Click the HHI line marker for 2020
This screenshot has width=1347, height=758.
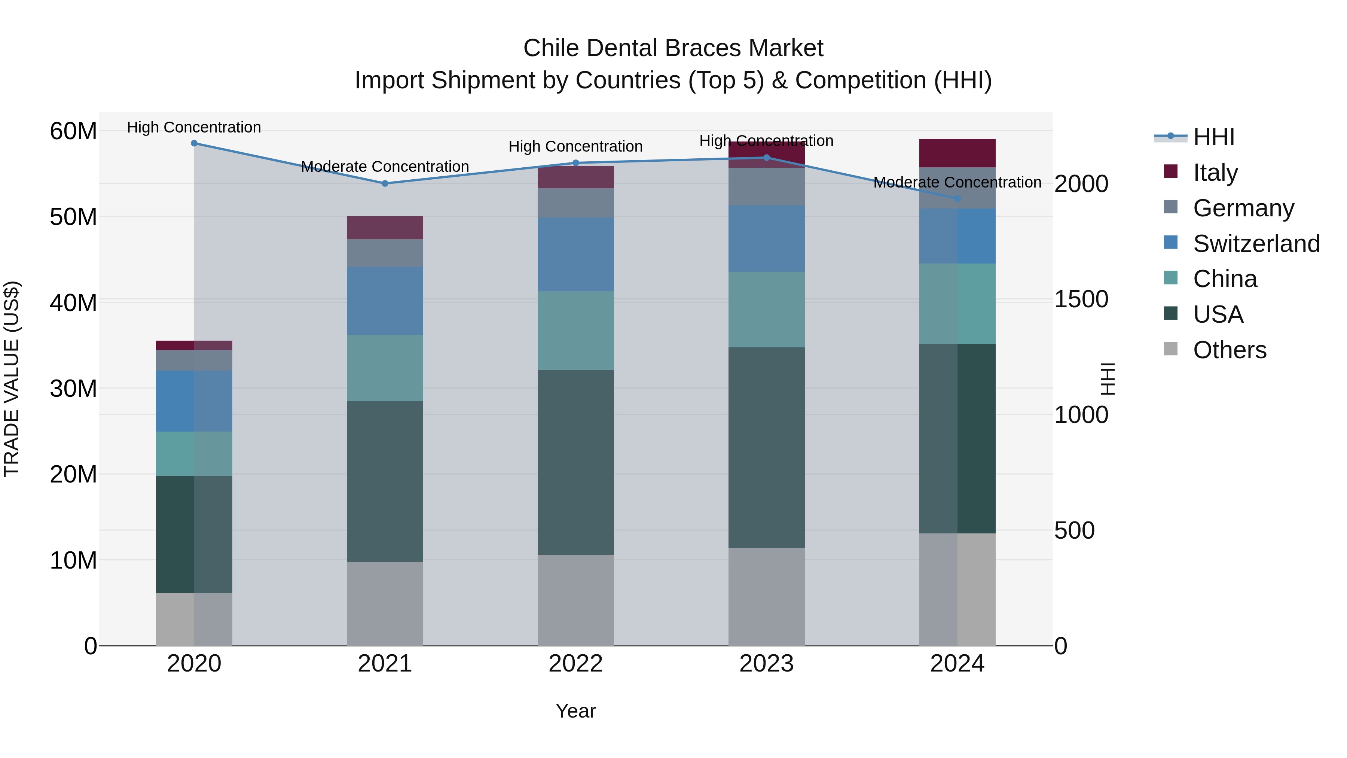coord(194,143)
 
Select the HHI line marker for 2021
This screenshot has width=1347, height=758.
coord(385,184)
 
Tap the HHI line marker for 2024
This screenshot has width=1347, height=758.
coord(957,199)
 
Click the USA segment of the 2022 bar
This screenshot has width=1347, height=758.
coord(576,462)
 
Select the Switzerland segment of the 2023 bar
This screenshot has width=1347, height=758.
coord(767,238)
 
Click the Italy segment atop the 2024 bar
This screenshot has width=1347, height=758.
coord(957,153)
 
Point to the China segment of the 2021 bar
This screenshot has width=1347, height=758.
coord(385,368)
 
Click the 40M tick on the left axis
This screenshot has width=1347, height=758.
coord(73,303)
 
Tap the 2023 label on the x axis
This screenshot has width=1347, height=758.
coord(767,664)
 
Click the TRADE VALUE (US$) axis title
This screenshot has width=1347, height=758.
coord(12,379)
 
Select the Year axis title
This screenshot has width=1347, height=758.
coord(576,711)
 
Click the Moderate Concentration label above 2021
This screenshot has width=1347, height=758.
coord(385,166)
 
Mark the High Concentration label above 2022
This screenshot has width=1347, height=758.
coord(576,146)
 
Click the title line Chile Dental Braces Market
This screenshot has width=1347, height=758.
coord(673,48)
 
